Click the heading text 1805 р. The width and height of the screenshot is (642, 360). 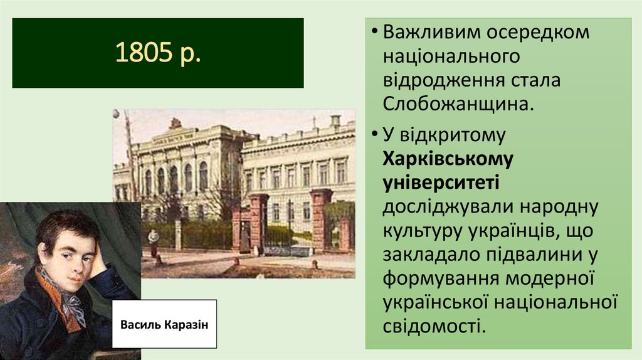[x=157, y=53]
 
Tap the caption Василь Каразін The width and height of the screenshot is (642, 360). [x=164, y=324]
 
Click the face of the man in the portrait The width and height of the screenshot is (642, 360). [x=68, y=254]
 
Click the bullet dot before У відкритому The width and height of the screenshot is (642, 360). [x=374, y=135]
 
